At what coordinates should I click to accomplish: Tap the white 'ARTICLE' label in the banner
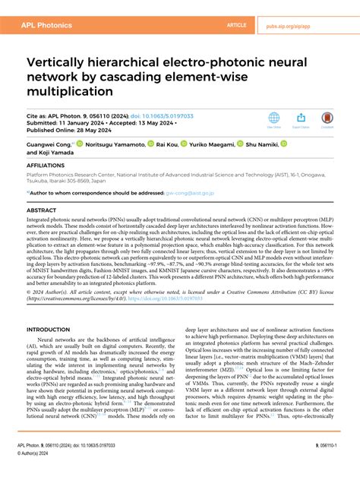[x=237, y=25]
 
